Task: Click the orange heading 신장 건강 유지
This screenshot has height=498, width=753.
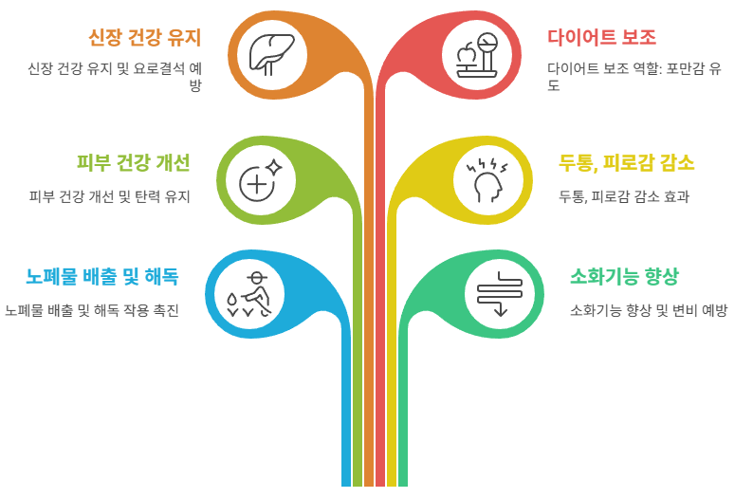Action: click(x=144, y=38)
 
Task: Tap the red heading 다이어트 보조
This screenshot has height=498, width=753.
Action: click(x=601, y=38)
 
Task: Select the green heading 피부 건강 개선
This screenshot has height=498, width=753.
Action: click(x=134, y=162)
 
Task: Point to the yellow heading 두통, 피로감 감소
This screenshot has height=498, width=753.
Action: click(x=626, y=162)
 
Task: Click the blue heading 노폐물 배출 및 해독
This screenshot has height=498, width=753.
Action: click(x=101, y=277)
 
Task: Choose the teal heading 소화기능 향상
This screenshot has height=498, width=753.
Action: click(x=624, y=277)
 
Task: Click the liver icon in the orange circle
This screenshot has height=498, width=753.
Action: click(x=272, y=54)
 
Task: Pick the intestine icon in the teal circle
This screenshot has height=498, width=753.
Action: click(x=499, y=294)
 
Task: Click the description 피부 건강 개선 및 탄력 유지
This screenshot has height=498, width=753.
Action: click(x=110, y=196)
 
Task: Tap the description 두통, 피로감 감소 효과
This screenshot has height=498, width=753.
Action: click(x=623, y=196)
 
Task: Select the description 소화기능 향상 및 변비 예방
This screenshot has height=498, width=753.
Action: click(x=649, y=310)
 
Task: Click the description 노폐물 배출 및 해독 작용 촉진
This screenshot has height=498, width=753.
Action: click(x=92, y=310)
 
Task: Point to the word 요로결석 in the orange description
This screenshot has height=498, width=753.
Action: click(x=156, y=68)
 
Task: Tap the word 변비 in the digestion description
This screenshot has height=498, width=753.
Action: click(x=683, y=310)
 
